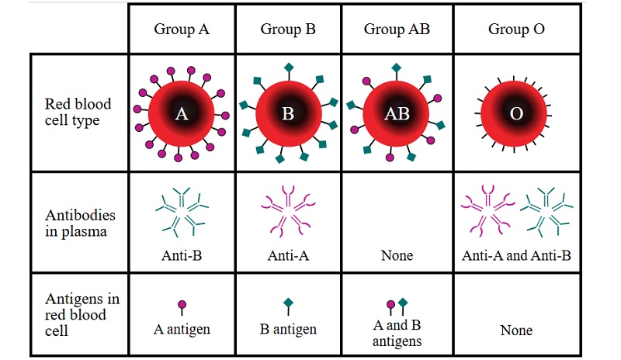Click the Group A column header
[x=182, y=30]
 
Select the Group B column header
[x=287, y=30]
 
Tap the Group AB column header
[x=397, y=30]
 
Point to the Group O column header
[x=516, y=30]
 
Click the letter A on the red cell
[x=182, y=115]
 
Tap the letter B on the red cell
[x=288, y=115]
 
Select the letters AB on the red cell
[x=397, y=115]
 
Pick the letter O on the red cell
[x=516, y=115]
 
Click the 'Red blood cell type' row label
[x=78, y=112]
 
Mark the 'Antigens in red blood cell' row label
[x=76, y=314]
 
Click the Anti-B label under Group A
[x=182, y=255]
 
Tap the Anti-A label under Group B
[x=288, y=255]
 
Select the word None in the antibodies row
[x=397, y=255]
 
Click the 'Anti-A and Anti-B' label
[x=516, y=255]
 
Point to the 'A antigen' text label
[x=182, y=329]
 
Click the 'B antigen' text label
[x=288, y=329]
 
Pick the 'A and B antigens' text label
[x=397, y=333]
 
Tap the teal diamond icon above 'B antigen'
[x=288, y=302]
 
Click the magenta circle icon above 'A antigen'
[x=182, y=304]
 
